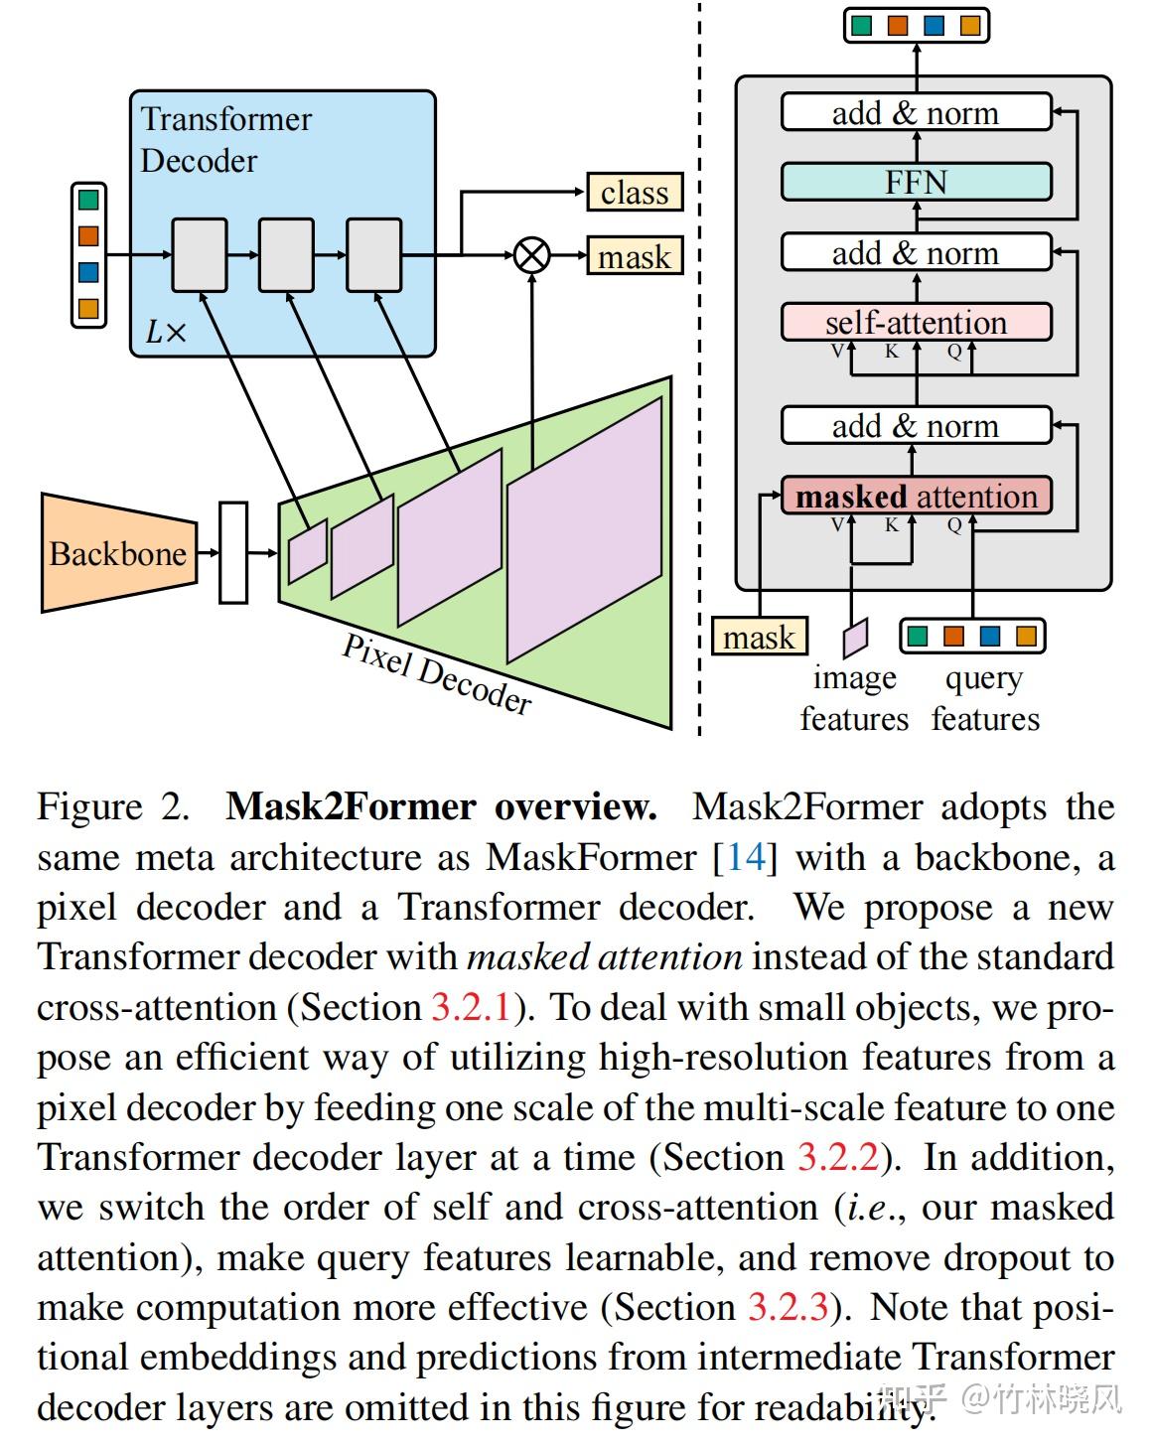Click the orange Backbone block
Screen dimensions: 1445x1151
(x=117, y=552)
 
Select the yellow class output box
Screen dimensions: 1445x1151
(x=635, y=192)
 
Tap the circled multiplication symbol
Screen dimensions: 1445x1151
(x=532, y=255)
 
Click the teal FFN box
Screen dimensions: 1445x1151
(x=916, y=183)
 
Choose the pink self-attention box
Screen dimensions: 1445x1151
(x=916, y=323)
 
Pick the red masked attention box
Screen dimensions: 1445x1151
(x=916, y=496)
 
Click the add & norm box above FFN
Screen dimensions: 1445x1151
(x=916, y=113)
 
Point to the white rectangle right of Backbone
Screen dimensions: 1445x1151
(x=232, y=552)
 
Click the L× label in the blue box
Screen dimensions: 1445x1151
(x=166, y=332)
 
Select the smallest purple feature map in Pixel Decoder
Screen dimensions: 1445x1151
(x=307, y=550)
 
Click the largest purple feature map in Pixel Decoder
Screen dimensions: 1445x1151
(x=584, y=529)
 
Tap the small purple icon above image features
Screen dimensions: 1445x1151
(x=855, y=638)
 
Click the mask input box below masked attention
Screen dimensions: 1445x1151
(x=759, y=637)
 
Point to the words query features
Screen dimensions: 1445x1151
(x=985, y=698)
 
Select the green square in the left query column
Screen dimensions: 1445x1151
(x=88, y=200)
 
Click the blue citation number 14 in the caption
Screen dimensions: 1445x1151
(x=746, y=857)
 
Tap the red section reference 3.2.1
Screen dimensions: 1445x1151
(x=471, y=1007)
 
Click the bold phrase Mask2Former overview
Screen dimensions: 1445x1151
(x=441, y=806)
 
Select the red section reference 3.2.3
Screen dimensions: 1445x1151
(x=788, y=1307)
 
